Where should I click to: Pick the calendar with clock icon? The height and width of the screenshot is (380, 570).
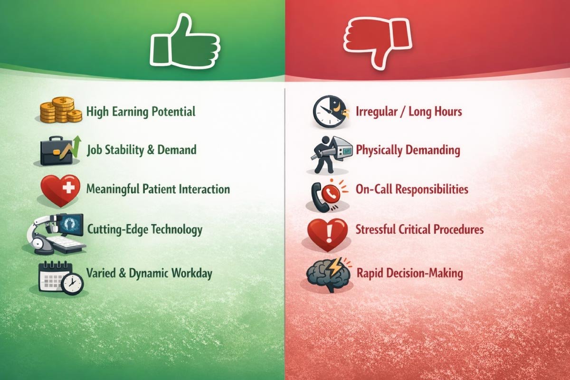click(60, 277)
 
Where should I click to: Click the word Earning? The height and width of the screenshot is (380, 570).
click(130, 113)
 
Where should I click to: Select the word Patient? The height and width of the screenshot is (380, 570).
click(166, 189)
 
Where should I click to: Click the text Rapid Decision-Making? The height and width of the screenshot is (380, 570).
click(409, 274)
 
